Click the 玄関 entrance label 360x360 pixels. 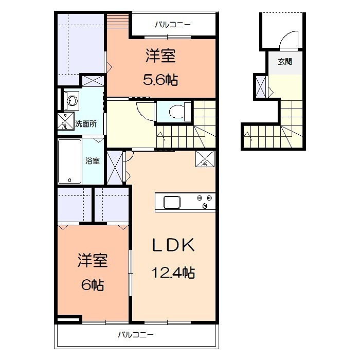[x=285, y=62]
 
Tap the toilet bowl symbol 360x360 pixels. [x=177, y=112]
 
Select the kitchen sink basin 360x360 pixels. [x=172, y=202]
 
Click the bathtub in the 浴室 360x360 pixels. [x=69, y=161]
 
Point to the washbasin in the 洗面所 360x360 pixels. [x=73, y=101]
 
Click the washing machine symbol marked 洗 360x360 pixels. [x=66, y=120]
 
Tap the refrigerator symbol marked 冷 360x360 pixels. [x=205, y=158]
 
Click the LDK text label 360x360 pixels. [x=173, y=245]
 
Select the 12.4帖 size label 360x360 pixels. [x=173, y=273]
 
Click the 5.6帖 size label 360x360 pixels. [x=160, y=80]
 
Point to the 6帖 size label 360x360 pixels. [x=93, y=285]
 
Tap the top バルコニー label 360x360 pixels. [x=173, y=24]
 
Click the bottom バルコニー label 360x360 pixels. [x=135, y=334]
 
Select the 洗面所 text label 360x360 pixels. [x=86, y=124]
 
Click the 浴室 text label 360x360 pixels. [x=93, y=160]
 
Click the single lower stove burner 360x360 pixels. [x=205, y=206]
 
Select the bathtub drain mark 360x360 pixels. [x=69, y=180]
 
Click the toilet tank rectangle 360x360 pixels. [x=188, y=112]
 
